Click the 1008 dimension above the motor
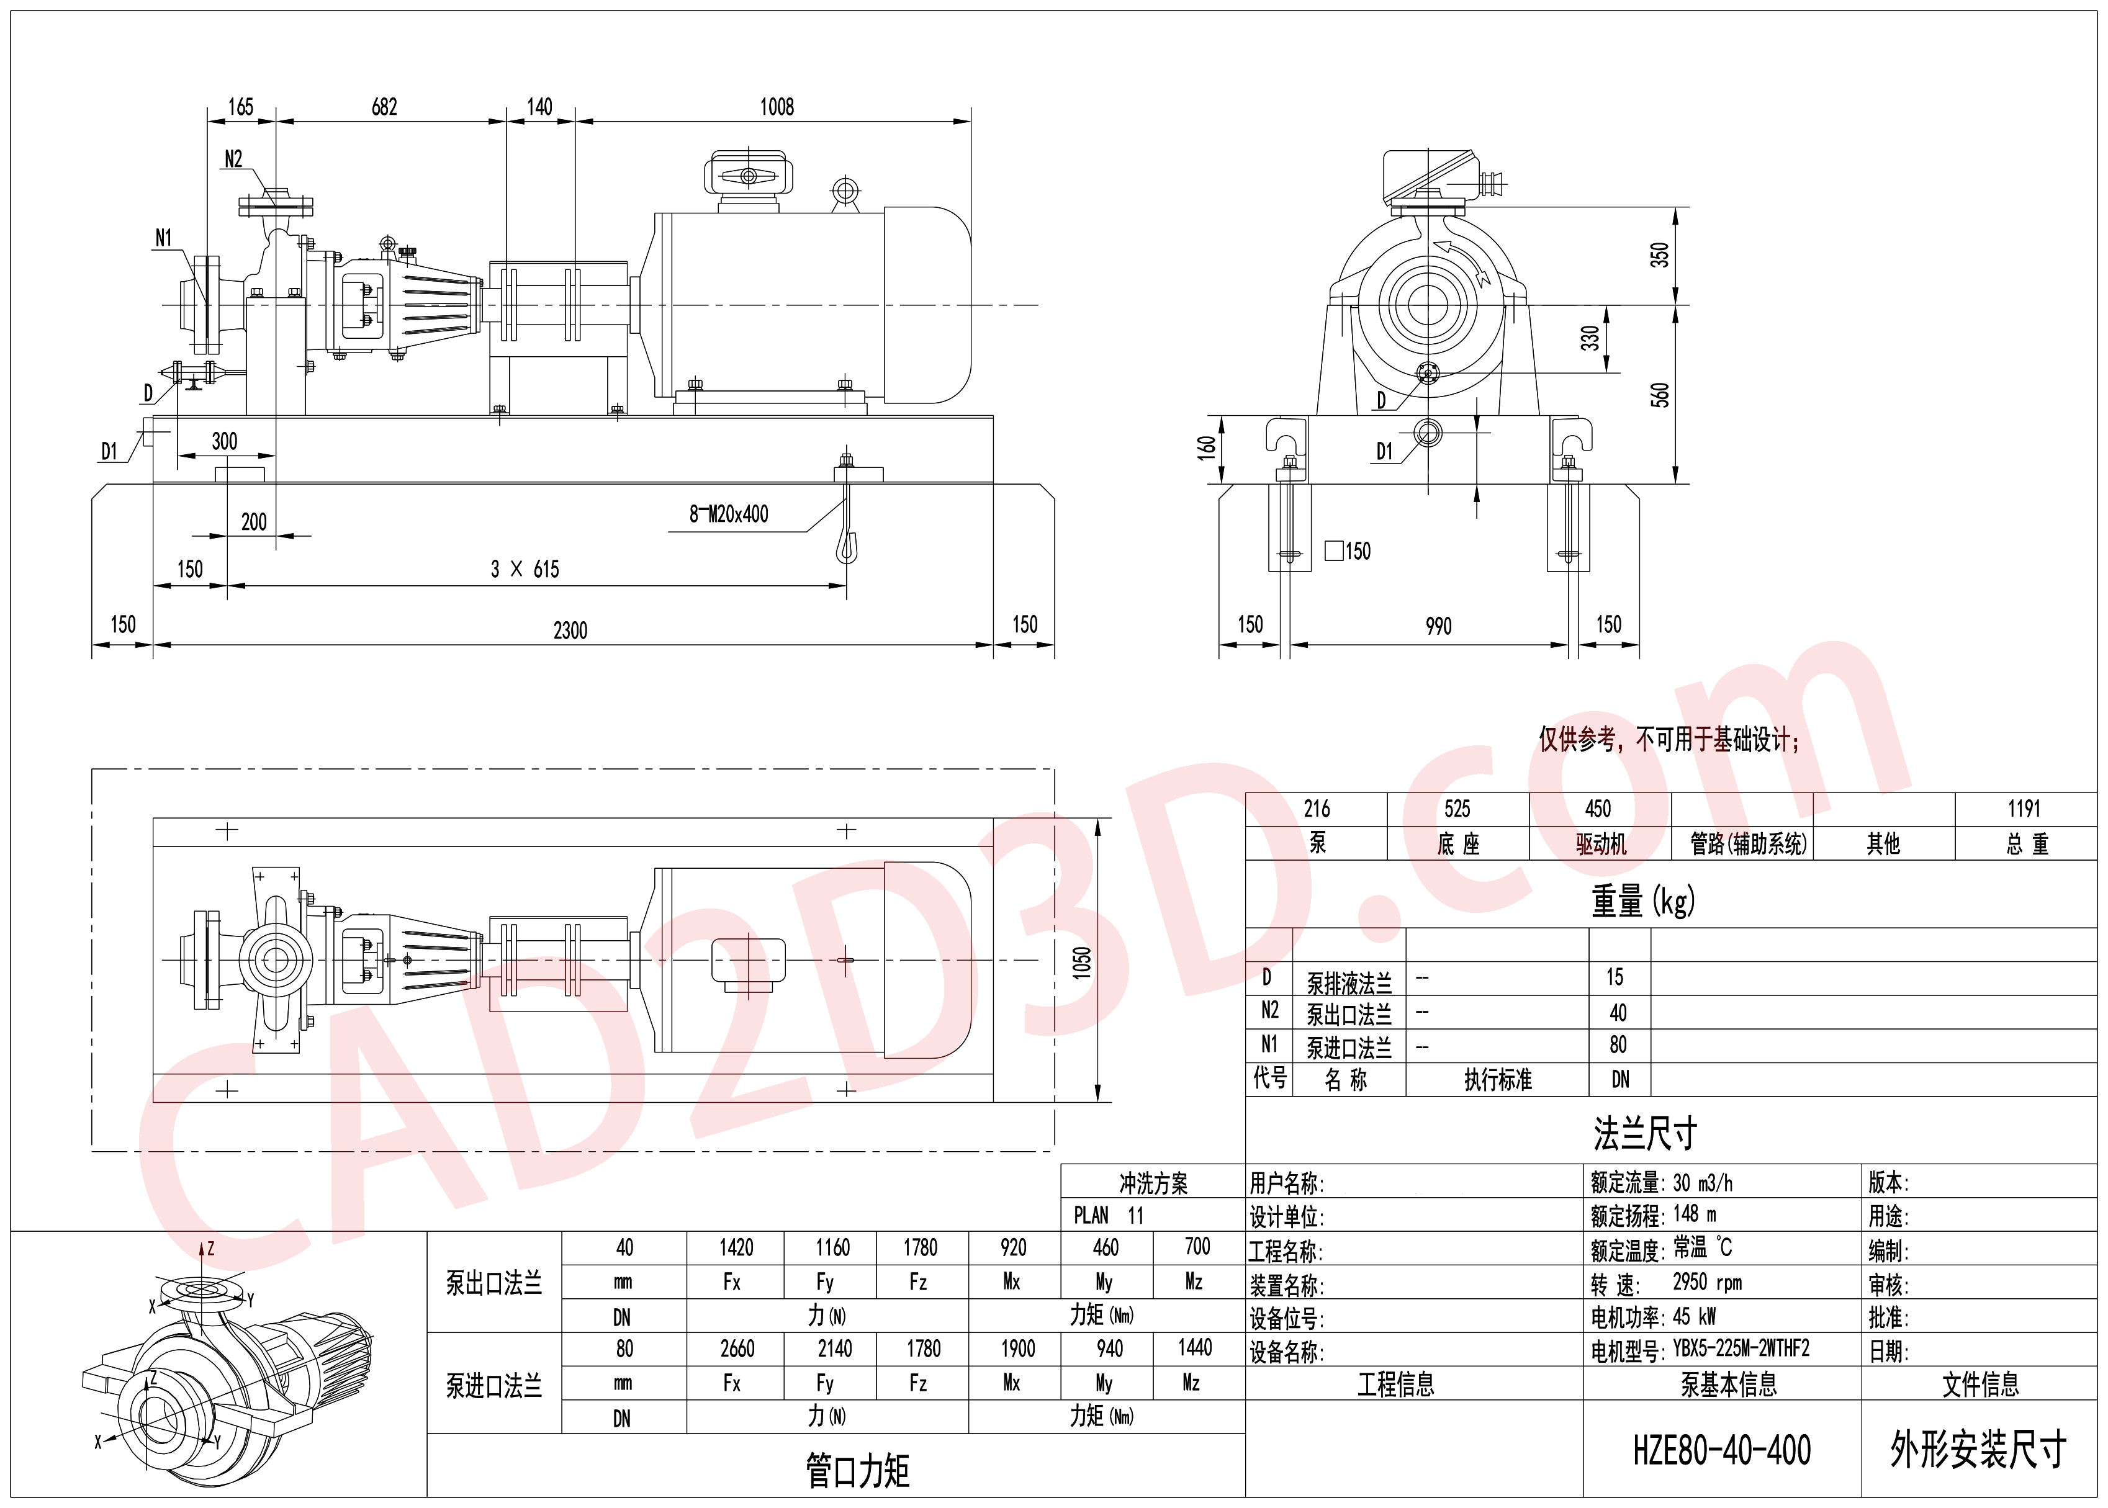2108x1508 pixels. point(777,107)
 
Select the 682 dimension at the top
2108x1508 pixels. point(384,107)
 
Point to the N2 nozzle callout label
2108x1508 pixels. point(233,159)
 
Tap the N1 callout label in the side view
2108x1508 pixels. point(163,239)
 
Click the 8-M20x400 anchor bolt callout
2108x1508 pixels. point(729,513)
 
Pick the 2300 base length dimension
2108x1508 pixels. point(570,631)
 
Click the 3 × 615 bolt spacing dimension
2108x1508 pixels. point(525,569)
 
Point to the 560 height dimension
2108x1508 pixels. point(1659,395)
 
